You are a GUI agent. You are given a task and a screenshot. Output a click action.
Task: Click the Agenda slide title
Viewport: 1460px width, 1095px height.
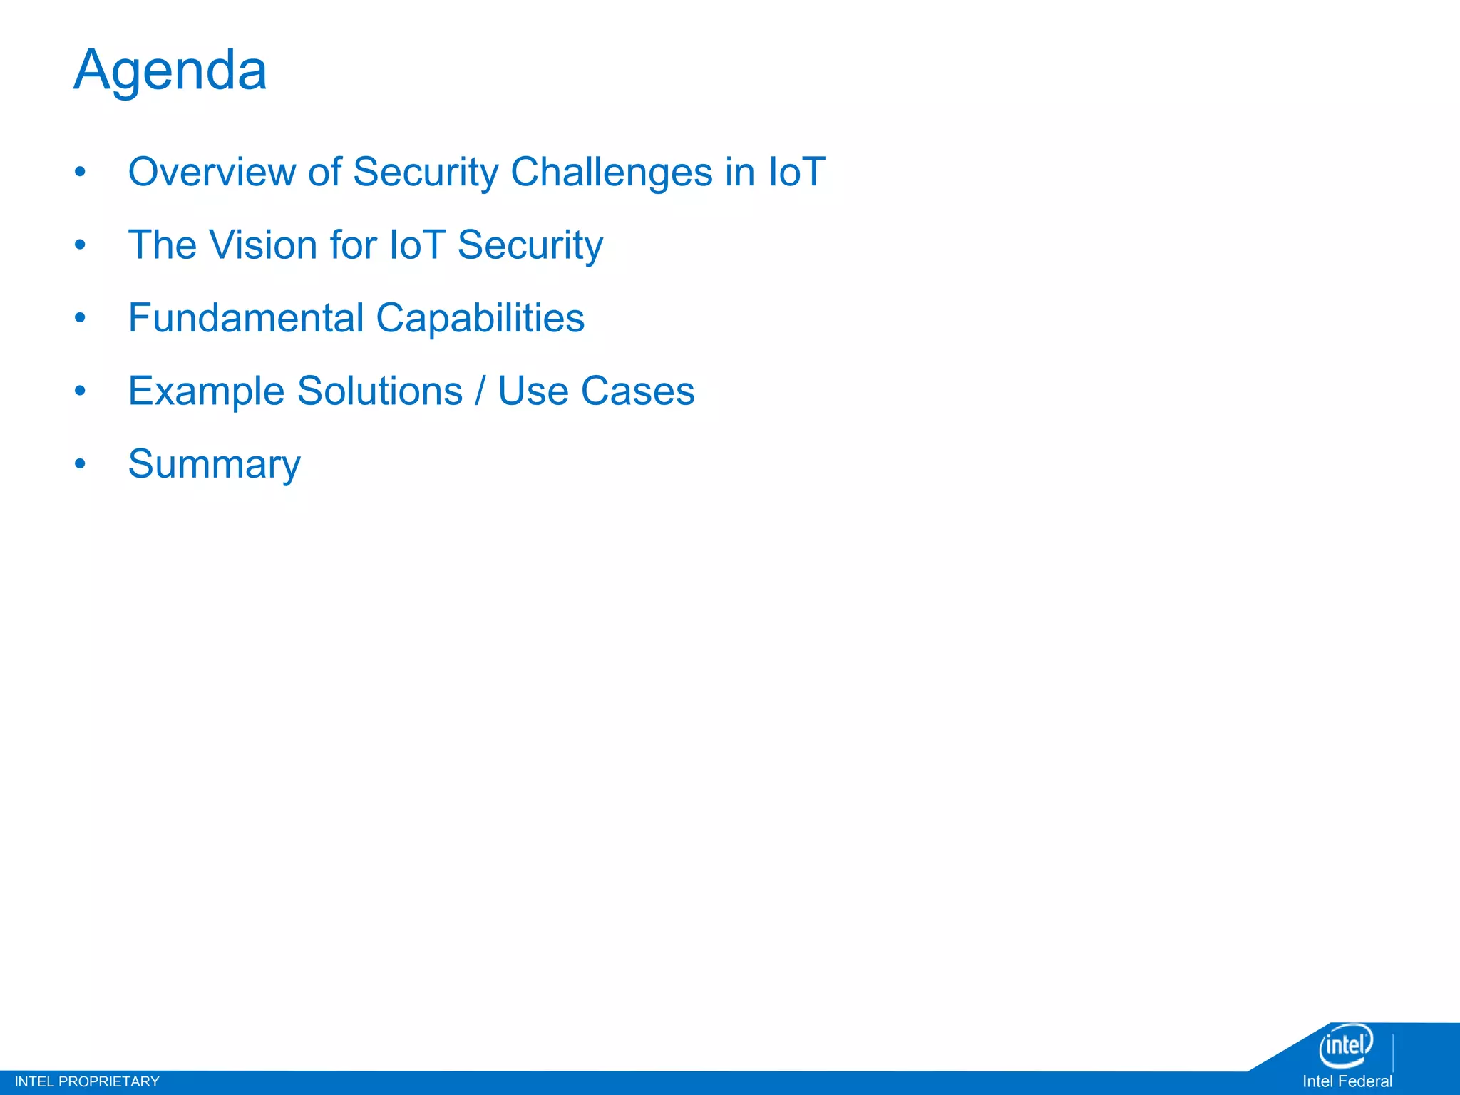170,71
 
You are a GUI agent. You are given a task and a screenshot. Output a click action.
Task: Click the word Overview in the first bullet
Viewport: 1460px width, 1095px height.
212,173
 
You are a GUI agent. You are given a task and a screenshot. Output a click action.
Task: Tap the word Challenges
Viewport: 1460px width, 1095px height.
611,173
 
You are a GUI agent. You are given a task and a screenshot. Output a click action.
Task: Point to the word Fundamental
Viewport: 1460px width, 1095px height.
246,318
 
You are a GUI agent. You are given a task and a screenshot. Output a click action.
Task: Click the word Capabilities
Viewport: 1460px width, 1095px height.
480,318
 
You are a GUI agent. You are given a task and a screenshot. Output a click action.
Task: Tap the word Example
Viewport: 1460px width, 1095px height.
206,391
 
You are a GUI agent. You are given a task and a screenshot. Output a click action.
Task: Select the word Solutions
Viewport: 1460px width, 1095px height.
380,391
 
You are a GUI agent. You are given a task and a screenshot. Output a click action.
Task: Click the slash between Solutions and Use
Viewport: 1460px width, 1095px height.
480,391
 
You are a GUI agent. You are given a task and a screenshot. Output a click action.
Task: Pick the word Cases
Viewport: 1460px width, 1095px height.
637,391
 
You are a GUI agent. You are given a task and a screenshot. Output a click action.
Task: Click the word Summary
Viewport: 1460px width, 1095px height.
214,465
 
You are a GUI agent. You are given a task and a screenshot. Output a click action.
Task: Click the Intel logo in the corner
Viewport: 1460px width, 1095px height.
1345,1045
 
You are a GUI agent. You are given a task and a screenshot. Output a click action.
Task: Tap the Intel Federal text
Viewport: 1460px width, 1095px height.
1347,1081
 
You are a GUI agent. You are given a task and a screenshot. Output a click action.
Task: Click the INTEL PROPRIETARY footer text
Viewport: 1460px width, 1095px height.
87,1081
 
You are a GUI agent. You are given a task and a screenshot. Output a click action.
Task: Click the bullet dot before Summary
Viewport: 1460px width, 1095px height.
80,464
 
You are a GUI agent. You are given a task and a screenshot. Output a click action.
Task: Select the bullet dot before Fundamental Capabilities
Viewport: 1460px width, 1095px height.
80,318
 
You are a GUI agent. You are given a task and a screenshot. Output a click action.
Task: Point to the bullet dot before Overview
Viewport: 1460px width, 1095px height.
80,172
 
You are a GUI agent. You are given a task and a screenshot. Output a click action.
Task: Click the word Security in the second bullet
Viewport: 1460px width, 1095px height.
530,245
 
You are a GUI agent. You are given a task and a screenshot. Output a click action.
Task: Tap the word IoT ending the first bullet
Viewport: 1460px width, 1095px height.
796,173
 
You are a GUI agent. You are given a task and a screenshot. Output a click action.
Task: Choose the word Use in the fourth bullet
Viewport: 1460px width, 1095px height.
533,391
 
